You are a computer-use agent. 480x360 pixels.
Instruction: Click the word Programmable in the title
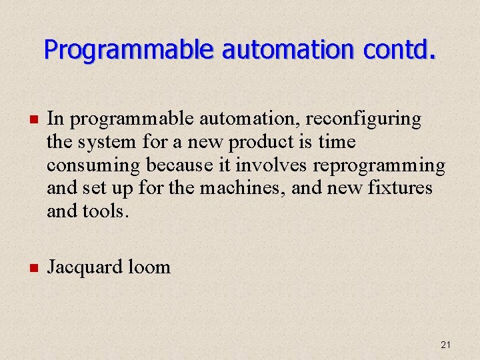click(129, 49)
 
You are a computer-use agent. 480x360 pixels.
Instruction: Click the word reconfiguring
click(363, 119)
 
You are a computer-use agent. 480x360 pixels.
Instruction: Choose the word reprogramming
click(379, 165)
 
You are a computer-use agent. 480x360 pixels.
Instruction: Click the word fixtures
click(400, 189)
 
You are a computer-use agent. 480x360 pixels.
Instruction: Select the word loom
click(149, 267)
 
